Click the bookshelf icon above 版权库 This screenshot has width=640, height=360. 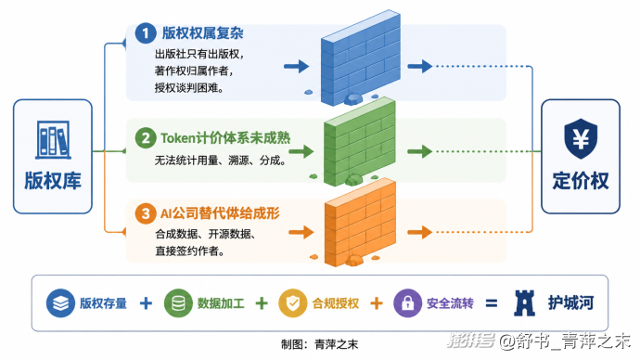pyautogui.click(x=53, y=139)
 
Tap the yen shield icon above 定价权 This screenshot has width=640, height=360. pyautogui.click(x=581, y=139)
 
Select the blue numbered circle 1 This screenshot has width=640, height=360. pyautogui.click(x=146, y=33)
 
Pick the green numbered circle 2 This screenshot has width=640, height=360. pyautogui.click(x=146, y=138)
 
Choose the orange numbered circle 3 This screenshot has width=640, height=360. pyautogui.click(x=146, y=213)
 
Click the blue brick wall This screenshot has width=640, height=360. pyautogui.click(x=360, y=58)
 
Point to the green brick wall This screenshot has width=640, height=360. pyautogui.click(x=359, y=142)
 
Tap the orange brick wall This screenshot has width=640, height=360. pyautogui.click(x=360, y=223)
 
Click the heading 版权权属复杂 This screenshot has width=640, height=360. pyautogui.click(x=202, y=33)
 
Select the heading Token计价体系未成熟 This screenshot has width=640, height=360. pyautogui.click(x=225, y=138)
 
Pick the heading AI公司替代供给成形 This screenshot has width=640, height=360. pyautogui.click(x=220, y=213)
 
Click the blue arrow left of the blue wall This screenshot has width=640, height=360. pyautogui.click(x=296, y=66)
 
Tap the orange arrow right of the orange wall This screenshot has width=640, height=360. pyautogui.click(x=419, y=232)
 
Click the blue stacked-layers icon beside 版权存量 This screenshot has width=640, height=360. pyautogui.click(x=60, y=303)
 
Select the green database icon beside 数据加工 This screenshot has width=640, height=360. pyautogui.click(x=178, y=303)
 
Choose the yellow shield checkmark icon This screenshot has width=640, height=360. pyautogui.click(x=293, y=303)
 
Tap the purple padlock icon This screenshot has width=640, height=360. pyautogui.click(x=407, y=303)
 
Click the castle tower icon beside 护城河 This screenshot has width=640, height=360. pyautogui.click(x=524, y=302)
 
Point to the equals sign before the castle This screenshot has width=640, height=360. pyautogui.click(x=492, y=303)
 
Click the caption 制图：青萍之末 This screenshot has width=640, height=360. pyautogui.click(x=320, y=344)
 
